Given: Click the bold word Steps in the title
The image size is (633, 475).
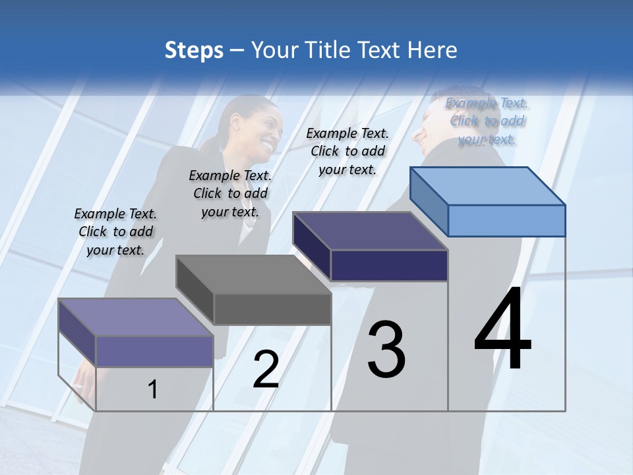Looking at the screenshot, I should pos(194,50).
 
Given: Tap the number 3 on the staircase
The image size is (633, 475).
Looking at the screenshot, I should pos(386,350).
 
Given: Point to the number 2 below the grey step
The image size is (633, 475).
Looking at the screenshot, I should pos(266,369).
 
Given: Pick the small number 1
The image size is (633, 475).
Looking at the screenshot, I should pos(152,389).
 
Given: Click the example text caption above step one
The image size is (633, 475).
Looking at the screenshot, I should pos(115,232).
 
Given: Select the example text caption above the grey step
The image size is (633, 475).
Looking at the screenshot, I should pos(230,193).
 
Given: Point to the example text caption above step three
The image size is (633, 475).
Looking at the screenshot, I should pos(347,151).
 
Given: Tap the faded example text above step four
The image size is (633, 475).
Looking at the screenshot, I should pos(487,121).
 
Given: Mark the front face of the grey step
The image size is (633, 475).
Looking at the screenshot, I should pos(272,309).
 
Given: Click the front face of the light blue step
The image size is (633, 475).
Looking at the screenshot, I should pos(506,220).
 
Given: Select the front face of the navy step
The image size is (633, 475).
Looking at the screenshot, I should pos(389,265).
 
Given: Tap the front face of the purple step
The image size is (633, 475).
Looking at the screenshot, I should pos(154,351).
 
